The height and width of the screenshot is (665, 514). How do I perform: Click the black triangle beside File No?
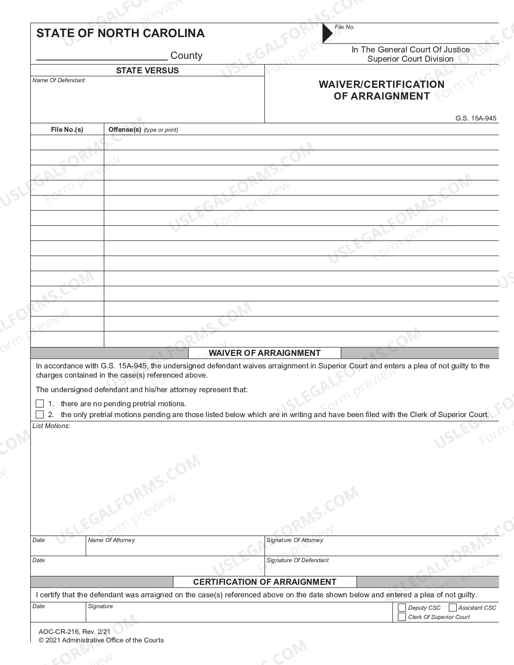(x=327, y=33)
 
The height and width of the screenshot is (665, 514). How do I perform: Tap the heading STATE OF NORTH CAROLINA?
(x=121, y=33)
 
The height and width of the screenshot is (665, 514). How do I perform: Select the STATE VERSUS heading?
(x=147, y=71)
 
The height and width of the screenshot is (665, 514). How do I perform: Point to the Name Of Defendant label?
(x=59, y=80)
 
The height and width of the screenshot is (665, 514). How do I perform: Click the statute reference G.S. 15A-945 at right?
(x=476, y=118)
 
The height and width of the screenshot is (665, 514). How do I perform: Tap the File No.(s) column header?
(x=67, y=129)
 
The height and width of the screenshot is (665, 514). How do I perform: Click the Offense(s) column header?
(x=125, y=129)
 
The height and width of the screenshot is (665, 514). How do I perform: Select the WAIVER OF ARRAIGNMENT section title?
(x=264, y=353)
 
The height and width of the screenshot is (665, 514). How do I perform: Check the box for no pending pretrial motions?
(x=40, y=403)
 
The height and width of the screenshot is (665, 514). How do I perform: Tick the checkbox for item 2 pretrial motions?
(x=40, y=414)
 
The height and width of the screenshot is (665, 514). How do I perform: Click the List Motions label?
(x=51, y=426)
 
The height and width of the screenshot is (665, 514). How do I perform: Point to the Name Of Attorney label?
(x=111, y=540)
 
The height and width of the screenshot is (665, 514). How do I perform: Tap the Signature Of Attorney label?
(x=295, y=540)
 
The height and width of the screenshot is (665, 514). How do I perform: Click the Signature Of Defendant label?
(x=298, y=560)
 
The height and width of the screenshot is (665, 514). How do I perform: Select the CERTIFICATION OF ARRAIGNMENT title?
(x=264, y=582)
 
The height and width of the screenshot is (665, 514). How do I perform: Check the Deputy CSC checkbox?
(x=402, y=607)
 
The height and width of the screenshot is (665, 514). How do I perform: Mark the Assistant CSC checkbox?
(x=453, y=607)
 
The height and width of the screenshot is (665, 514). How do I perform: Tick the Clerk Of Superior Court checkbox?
(x=402, y=617)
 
